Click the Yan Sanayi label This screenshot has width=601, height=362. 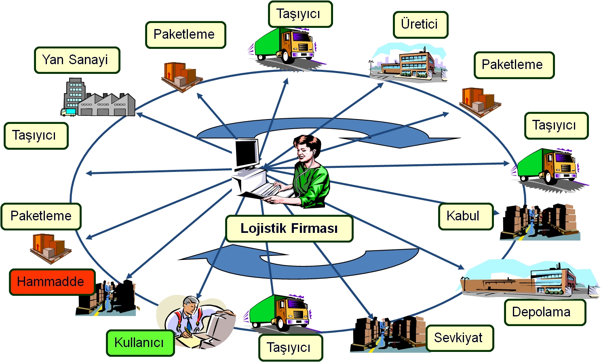77,60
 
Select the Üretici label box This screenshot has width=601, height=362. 420,25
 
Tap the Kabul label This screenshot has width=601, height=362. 466,216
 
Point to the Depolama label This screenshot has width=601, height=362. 544,312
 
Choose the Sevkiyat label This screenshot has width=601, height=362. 460,338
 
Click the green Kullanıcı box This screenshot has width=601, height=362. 140,343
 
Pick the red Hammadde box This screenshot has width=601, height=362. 52,282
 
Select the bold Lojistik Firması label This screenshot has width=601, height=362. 289,228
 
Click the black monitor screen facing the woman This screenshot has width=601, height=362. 246,153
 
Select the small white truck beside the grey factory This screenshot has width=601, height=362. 68,112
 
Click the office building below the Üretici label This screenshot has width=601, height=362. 408,63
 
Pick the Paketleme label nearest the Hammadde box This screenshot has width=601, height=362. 41,216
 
